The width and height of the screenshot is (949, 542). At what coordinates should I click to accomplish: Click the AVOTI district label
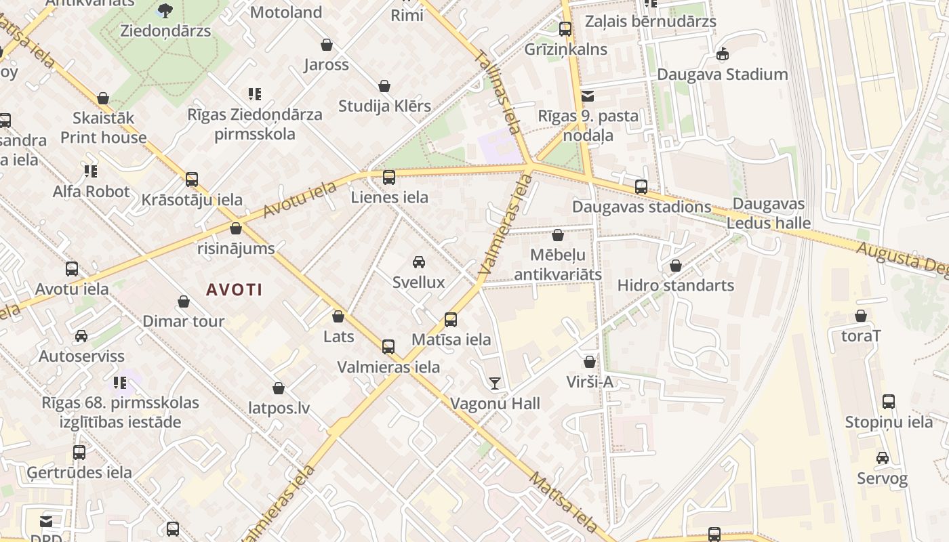coord(234,290)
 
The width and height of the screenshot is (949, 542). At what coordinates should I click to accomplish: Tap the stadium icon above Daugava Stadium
coord(723,54)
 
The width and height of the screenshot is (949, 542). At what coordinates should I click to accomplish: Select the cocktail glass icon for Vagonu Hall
coord(495,384)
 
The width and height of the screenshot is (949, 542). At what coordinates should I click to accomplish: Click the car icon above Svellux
coord(419,262)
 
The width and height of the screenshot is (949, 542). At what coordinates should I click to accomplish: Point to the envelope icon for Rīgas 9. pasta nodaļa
coord(588,96)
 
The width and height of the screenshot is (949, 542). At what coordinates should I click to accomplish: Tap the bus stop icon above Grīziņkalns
coord(565,29)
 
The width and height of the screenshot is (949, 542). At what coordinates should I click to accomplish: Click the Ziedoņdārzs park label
coord(165,31)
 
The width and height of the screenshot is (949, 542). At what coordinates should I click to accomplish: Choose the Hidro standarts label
coord(675,285)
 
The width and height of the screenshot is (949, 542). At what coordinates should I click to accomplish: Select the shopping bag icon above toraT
coord(861,316)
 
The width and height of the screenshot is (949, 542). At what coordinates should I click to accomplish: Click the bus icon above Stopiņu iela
coord(889,402)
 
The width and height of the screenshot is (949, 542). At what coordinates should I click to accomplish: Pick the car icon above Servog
coord(882,459)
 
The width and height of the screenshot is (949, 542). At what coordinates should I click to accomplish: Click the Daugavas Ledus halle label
coord(769,213)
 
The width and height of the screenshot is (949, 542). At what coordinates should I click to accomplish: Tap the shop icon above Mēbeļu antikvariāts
coord(557,236)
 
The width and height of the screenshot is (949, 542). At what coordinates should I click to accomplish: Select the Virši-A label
coord(590,382)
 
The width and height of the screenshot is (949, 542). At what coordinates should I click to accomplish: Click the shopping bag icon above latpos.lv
coord(279,388)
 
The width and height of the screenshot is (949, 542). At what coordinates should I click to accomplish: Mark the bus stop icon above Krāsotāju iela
coord(192,180)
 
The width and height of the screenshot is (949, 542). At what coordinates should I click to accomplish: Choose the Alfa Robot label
coord(91,192)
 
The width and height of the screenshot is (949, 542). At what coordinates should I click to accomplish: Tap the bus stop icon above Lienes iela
coord(389,178)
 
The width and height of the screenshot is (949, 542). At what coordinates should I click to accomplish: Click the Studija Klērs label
coord(384,106)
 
